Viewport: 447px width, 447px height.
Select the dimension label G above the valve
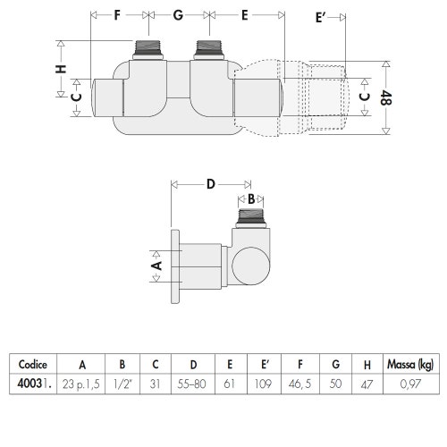(x=178, y=16)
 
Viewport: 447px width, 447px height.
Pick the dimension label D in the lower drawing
(x=211, y=184)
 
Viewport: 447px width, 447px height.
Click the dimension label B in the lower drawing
(x=251, y=198)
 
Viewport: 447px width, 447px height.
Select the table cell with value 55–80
(x=193, y=384)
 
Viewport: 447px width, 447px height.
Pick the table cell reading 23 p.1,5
(x=81, y=384)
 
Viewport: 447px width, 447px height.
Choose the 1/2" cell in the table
(x=122, y=384)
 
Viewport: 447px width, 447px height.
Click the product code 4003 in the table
(x=30, y=384)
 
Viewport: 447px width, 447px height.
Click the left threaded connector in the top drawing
(x=145, y=48)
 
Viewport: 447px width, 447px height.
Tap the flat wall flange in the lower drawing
(x=174, y=265)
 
